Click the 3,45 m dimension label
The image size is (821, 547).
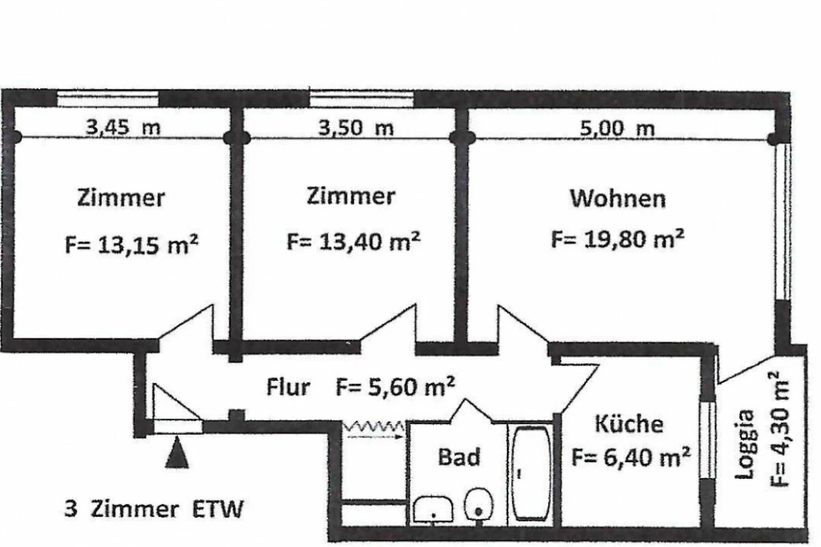tap(123, 127)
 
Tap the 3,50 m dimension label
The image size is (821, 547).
tap(356, 128)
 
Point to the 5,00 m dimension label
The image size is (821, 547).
tap(617, 129)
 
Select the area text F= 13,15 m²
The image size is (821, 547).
tap(131, 244)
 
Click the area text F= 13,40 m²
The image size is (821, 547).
tap(353, 241)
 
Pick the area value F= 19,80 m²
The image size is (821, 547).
tap(618, 239)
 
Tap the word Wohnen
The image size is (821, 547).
tap(618, 198)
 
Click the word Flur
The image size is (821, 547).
tap(288, 387)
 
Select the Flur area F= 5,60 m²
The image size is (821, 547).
tap(395, 386)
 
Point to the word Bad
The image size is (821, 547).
tap(459, 457)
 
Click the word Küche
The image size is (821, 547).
tap(629, 424)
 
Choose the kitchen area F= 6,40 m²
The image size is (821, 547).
tap(631, 457)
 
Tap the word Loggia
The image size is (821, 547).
tap(745, 444)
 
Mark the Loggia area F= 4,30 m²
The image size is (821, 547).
tap(778, 429)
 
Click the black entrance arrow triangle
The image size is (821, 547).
tap(177, 452)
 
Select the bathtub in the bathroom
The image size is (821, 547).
tap(531, 473)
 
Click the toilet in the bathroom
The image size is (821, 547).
tap(478, 505)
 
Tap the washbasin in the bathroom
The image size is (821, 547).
tap(433, 509)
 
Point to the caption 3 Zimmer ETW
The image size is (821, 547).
tap(154, 509)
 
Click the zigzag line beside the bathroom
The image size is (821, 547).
tap(374, 427)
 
